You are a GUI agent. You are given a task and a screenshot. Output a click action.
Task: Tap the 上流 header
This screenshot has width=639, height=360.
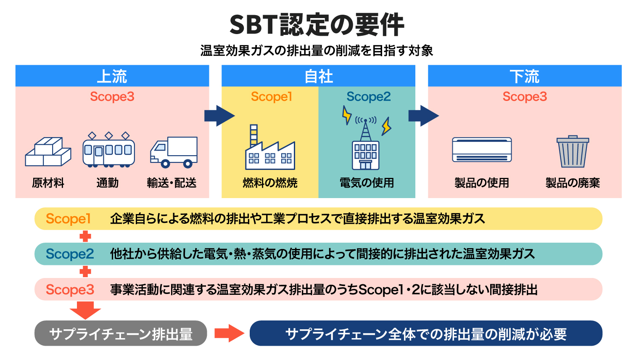[x=112, y=76]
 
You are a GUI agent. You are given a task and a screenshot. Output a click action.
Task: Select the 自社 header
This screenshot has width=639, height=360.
[x=318, y=76]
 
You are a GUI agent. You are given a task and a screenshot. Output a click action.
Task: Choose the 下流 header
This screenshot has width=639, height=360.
[x=525, y=76]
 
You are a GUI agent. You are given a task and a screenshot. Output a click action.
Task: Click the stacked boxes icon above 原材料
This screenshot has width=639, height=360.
[x=48, y=151]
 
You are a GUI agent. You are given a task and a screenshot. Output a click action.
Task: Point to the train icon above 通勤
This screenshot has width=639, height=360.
[x=109, y=150]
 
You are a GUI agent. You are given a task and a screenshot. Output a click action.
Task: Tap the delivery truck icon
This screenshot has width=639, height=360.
[x=174, y=152]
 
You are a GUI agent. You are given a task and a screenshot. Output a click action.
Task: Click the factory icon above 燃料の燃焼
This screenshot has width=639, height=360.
[x=270, y=147]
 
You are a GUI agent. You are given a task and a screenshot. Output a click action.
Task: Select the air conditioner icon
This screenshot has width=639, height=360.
[x=482, y=150]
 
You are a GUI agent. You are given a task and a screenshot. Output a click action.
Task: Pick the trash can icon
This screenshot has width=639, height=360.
[x=573, y=151]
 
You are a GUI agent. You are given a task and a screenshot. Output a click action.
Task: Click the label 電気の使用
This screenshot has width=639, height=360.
[x=367, y=183]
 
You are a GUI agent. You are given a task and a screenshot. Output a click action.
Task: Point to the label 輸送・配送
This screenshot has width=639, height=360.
[x=172, y=183]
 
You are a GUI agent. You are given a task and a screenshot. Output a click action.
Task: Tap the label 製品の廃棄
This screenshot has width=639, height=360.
[x=573, y=183]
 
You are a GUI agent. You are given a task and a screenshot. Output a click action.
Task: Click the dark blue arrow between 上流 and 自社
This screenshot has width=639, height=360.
[x=219, y=116]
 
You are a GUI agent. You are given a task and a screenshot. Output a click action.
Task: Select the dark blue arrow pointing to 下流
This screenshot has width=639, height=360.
[x=424, y=116]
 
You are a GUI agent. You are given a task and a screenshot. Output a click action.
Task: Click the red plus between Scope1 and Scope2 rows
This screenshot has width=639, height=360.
[x=85, y=236]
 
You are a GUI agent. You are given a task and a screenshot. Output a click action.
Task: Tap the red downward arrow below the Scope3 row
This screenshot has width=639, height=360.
[x=85, y=310]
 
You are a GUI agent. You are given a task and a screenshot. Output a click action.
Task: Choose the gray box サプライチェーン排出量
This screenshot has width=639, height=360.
[x=121, y=333]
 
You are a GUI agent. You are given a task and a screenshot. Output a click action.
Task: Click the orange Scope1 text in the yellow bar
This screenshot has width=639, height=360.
[x=68, y=219]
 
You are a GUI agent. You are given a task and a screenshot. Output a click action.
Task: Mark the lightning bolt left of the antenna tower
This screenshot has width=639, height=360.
[x=346, y=115]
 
